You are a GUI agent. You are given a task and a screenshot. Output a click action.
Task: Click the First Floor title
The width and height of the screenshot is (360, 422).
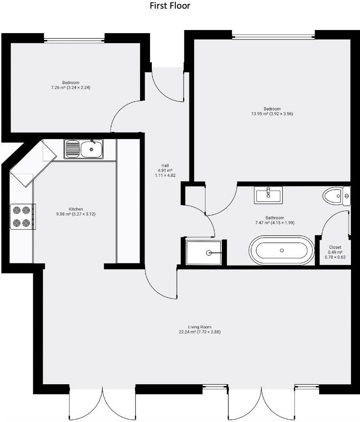click(170, 6)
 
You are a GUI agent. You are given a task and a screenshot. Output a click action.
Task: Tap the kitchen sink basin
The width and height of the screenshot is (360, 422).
click(92, 149)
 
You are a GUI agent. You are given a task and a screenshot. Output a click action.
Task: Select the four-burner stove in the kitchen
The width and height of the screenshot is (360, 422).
click(22, 216)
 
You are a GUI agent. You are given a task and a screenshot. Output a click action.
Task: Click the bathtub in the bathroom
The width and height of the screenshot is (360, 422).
click(282, 250)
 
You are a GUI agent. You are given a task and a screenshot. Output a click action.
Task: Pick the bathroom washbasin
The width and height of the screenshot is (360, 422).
click(269, 195)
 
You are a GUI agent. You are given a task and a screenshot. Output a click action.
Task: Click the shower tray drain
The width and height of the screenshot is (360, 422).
click(209, 253)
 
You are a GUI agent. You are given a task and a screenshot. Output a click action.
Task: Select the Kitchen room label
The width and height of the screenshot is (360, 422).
click(76, 209)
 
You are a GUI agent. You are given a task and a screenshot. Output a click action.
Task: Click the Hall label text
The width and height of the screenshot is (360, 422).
click(165, 165)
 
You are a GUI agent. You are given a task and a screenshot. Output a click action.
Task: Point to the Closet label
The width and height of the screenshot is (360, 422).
click(335, 247)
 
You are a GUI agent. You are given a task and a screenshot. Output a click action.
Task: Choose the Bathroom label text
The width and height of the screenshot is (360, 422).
click(275, 218)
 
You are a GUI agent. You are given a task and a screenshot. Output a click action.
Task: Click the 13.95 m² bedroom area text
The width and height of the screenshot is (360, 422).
click(272, 114)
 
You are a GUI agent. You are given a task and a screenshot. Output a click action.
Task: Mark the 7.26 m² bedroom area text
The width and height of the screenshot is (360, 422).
click(70, 87)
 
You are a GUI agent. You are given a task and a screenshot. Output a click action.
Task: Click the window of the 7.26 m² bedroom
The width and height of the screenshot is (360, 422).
click(75, 40)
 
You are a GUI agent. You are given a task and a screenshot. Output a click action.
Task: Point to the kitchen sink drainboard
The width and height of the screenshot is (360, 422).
click(72, 149)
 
